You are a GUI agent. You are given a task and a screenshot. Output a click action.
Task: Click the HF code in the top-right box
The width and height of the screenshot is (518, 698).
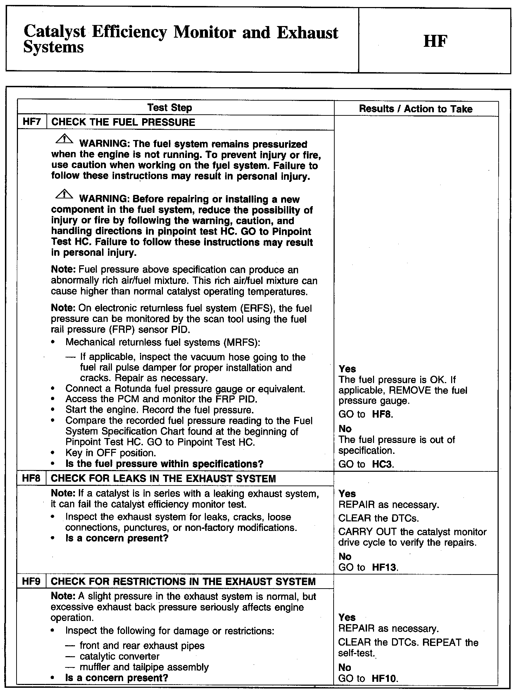tap(435, 42)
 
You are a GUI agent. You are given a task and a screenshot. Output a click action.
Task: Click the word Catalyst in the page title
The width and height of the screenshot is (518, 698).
tap(55, 32)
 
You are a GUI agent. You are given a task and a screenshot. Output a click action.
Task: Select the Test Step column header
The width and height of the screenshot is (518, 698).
tap(170, 108)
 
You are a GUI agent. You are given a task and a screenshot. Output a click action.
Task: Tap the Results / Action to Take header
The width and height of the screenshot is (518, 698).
tap(416, 109)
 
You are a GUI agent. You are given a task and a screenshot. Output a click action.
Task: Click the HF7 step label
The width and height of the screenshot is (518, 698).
tap(32, 122)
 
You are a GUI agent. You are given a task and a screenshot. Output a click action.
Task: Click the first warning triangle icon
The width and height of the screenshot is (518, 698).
tap(64, 140)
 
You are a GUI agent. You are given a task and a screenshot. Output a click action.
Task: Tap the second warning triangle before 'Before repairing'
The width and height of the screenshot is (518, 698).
tap(64, 195)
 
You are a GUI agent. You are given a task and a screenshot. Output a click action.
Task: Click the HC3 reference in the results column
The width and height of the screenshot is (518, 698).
tap(383, 464)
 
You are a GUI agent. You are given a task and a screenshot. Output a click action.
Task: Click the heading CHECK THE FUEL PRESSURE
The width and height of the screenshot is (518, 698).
tap(123, 122)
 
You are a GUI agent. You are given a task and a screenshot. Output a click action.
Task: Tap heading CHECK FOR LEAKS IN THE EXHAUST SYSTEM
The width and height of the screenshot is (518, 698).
tap(163, 479)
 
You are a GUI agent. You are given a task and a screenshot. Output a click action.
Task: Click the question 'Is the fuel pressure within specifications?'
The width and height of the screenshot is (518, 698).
tap(164, 464)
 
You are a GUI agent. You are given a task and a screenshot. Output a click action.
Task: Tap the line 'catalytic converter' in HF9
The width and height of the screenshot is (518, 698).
tap(120, 656)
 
